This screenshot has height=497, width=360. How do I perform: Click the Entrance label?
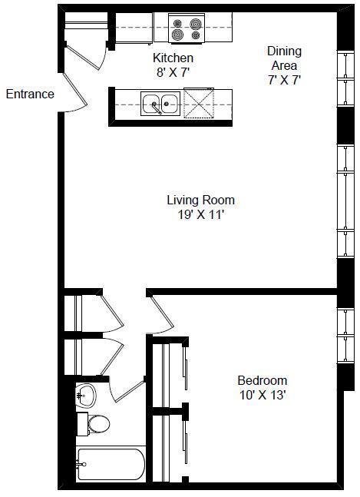pos(30,94)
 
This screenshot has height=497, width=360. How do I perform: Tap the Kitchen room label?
pos(173,58)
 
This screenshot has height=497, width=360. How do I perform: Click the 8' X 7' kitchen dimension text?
pos(173,72)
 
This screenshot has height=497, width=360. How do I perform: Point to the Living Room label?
pos(201,200)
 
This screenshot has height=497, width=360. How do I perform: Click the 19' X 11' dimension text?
pos(201,215)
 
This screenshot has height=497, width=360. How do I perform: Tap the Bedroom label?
pos(263,380)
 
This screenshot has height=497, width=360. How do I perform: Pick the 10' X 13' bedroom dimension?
pos(263,396)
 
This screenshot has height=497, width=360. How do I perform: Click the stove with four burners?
pos(187,28)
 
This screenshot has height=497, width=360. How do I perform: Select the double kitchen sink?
pos(160,104)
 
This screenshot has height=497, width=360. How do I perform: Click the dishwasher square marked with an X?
pos(199,103)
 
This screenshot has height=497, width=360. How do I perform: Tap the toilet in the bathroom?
pos(94,424)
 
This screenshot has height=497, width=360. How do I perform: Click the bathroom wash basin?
pos(86,396)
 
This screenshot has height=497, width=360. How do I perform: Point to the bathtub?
pos(111,464)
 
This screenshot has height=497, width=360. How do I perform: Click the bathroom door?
pos(127,390)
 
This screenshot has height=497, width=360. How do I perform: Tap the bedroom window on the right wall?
pos(345,336)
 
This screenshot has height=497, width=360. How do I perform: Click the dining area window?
pos(345,78)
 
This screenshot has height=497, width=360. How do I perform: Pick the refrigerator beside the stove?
pos(134,28)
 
